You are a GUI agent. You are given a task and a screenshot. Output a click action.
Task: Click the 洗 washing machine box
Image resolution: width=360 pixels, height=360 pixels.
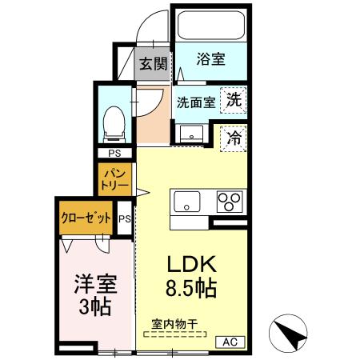click(233, 101)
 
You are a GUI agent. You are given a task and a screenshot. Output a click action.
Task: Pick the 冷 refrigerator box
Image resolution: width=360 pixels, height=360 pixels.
click(234, 137)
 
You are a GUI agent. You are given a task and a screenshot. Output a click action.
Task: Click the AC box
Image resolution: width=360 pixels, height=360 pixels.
click(230, 342)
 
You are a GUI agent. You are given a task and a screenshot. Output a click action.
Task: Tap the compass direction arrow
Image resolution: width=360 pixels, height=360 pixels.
click(290, 330)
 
